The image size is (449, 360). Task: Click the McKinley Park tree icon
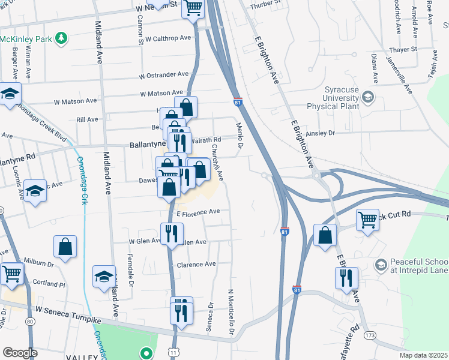(61, 39)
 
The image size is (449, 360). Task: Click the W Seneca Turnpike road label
(68, 311)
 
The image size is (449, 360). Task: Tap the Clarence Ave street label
(196, 264)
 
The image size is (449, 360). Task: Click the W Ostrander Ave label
(163, 75)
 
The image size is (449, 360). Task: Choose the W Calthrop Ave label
(166, 37)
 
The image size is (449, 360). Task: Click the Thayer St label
(402, 49)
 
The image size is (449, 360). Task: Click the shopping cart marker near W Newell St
(193, 8)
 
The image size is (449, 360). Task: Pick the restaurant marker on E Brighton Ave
(346, 278)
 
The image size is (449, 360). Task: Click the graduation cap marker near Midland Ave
(104, 277)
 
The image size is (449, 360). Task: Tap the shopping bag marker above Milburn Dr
(65, 246)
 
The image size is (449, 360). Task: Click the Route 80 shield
(29, 321)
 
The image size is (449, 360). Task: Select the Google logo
(20, 353)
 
